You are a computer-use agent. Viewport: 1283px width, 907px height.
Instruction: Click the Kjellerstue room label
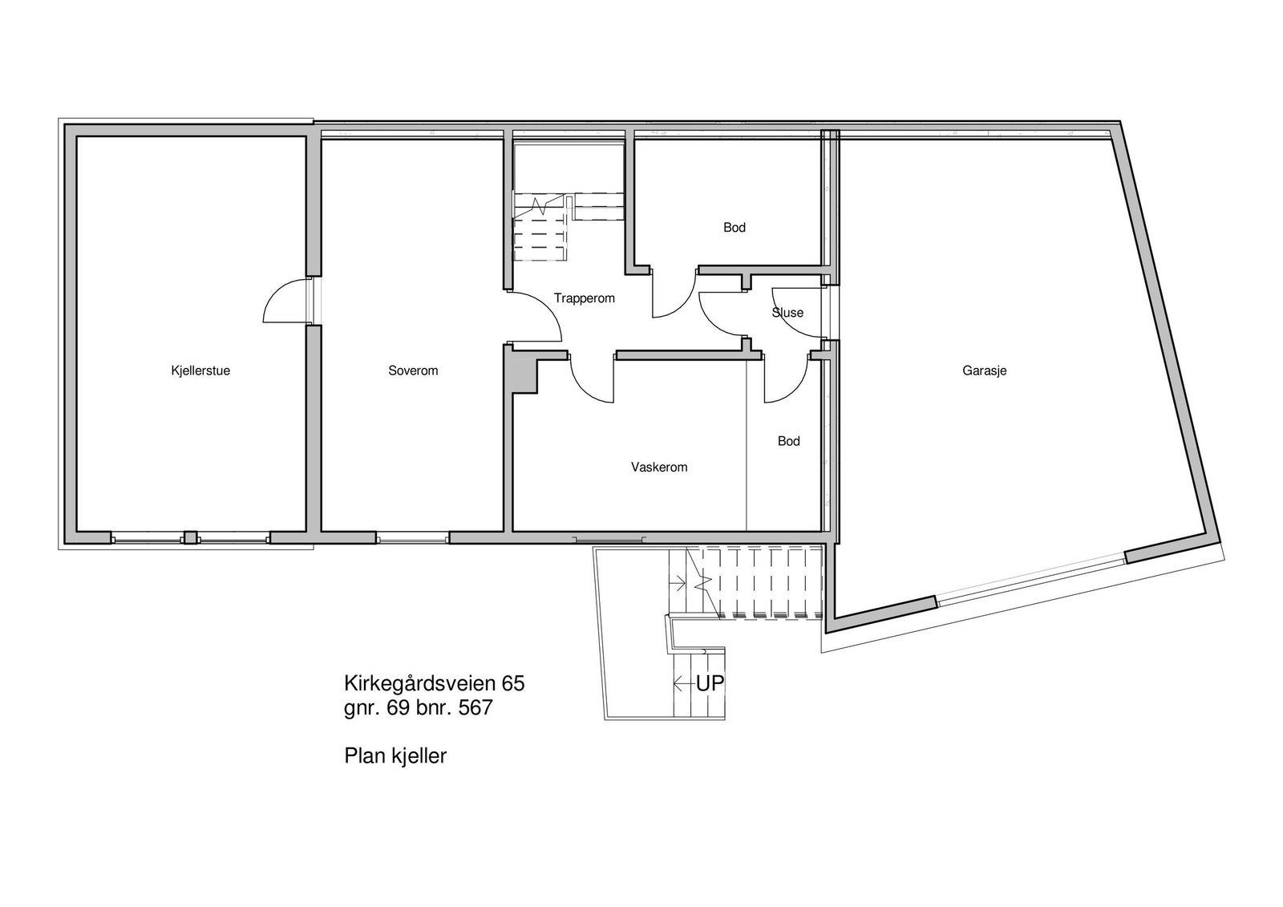tap(200, 370)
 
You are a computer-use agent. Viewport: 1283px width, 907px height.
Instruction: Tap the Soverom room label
tap(413, 370)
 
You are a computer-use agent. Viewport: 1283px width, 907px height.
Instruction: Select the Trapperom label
tap(584, 298)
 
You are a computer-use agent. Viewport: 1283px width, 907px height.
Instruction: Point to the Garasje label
tap(984, 370)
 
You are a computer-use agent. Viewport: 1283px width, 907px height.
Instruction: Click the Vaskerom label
tap(659, 467)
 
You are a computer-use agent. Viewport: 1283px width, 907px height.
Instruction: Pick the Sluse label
tap(787, 313)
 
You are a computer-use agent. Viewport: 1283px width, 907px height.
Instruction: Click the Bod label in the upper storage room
tap(734, 228)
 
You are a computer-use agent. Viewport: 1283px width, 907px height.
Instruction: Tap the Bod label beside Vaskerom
tap(788, 441)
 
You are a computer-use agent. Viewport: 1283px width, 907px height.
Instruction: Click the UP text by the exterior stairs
tap(710, 684)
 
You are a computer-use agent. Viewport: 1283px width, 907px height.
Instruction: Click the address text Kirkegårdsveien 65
tap(434, 683)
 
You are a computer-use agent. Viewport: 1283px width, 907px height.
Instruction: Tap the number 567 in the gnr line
tap(474, 708)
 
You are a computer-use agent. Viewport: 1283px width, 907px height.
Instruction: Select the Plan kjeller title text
tap(395, 755)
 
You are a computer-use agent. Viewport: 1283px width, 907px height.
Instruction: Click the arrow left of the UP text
tap(683, 684)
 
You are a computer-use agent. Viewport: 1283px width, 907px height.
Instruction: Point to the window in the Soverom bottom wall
tap(413, 539)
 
